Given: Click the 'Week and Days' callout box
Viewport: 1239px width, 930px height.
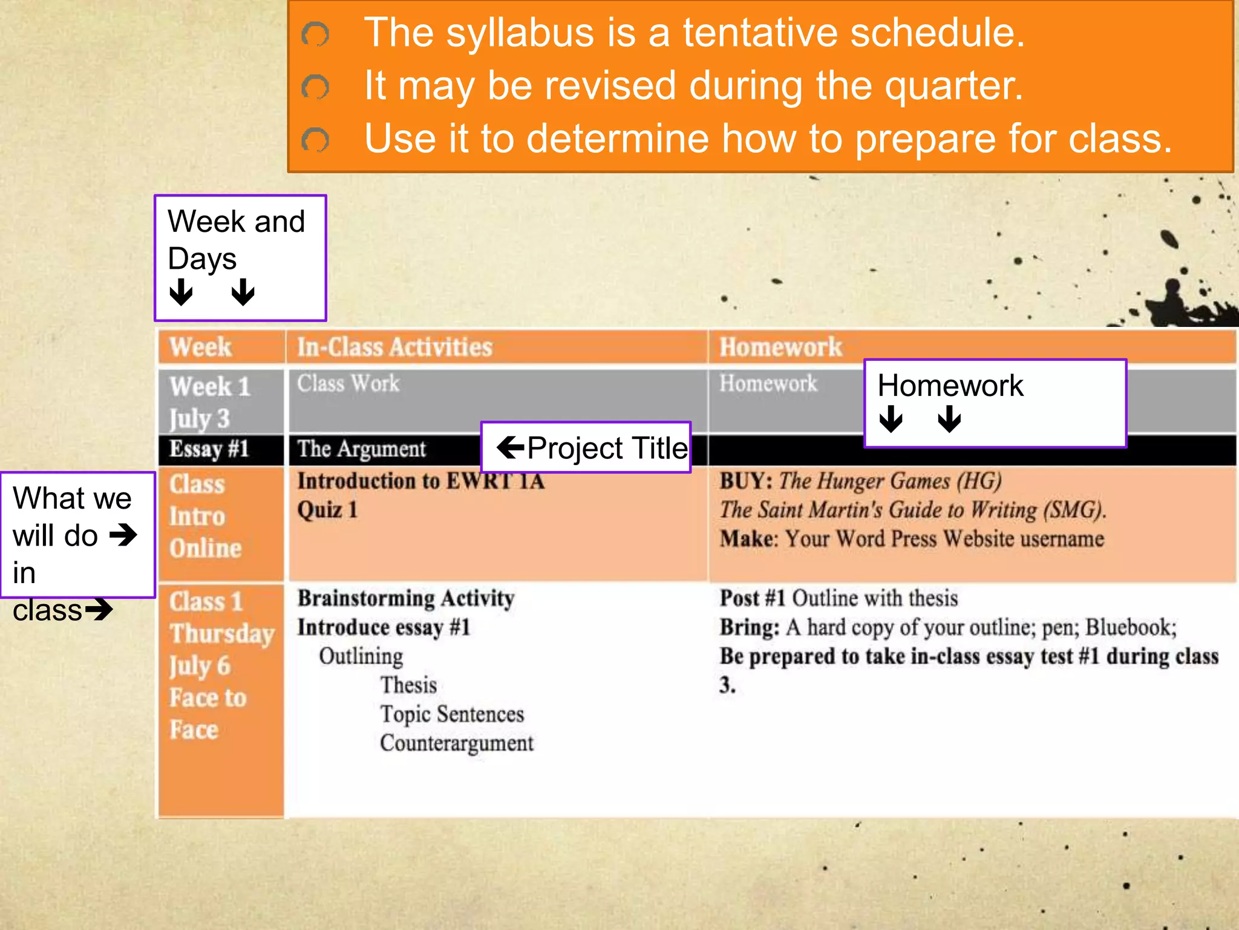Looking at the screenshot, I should pyautogui.click(x=240, y=257).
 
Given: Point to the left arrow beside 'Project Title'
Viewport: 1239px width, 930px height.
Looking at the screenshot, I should pyautogui.click(x=510, y=447).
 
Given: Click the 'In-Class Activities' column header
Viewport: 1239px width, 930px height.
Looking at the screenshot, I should pyautogui.click(x=394, y=348).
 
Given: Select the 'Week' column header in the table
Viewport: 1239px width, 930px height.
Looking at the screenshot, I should pyautogui.click(x=200, y=348).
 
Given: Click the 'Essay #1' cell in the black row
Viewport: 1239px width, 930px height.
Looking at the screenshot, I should pyautogui.click(x=209, y=449).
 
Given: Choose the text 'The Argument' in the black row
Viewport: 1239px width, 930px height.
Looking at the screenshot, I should pyautogui.click(x=361, y=449).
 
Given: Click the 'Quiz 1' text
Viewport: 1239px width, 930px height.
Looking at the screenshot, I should pyautogui.click(x=327, y=510).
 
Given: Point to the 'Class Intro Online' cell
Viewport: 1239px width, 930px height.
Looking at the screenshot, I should pyautogui.click(x=205, y=516).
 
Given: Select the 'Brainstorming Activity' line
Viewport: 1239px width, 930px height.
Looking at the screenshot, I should pyautogui.click(x=405, y=598).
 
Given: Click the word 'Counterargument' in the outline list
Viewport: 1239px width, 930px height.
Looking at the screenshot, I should pyautogui.click(x=456, y=744).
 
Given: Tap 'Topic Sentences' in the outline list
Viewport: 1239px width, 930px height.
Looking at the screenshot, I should pyautogui.click(x=451, y=714).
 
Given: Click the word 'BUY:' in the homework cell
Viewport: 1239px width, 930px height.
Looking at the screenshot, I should pyautogui.click(x=745, y=481).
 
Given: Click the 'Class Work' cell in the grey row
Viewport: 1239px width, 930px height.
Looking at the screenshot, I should pyautogui.click(x=348, y=384).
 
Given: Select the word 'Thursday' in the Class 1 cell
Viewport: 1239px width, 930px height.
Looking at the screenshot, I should pyautogui.click(x=222, y=634).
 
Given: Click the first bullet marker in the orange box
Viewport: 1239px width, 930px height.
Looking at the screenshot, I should pyautogui.click(x=315, y=35).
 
